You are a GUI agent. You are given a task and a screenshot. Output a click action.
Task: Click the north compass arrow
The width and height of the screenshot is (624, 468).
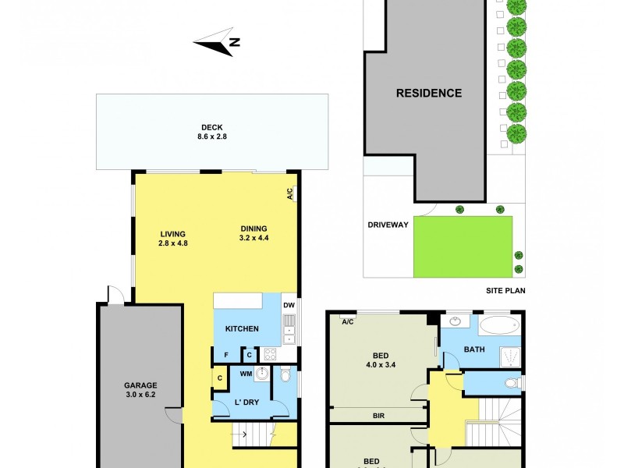pyautogui.click(x=215, y=44)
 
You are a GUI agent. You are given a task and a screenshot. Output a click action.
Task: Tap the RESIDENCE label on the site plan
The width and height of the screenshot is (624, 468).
pyautogui.click(x=428, y=93)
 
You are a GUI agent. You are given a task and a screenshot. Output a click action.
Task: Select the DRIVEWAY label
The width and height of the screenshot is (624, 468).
pyautogui.click(x=388, y=225)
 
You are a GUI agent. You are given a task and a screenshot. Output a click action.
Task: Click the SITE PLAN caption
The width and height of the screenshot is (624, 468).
pyautogui.click(x=505, y=291)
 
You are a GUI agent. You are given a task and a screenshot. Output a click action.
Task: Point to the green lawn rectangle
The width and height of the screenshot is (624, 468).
pyautogui.click(x=463, y=246)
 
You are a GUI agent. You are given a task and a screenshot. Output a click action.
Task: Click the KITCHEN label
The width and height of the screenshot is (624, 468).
pyautogui.click(x=242, y=329)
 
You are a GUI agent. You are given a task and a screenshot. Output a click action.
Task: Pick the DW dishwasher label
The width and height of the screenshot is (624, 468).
pyautogui.click(x=288, y=305)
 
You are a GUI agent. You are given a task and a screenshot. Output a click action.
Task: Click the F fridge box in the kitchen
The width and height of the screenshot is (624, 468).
pyautogui.click(x=226, y=354)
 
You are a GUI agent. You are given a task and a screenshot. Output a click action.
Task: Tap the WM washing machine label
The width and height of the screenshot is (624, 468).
pyautogui.click(x=246, y=374)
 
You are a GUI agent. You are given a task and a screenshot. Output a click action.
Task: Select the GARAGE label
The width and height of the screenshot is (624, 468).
pyautogui.click(x=140, y=385)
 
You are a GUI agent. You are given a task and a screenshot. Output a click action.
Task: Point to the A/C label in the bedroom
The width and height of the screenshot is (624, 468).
pyautogui.click(x=348, y=321)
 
